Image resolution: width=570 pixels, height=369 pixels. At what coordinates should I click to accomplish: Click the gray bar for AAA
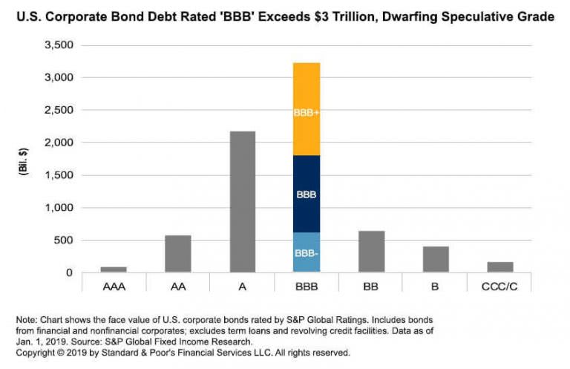point(114,270)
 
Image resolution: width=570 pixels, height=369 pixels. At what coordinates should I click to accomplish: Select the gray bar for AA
point(178,254)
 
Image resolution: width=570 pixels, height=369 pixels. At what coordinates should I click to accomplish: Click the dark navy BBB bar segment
point(307,194)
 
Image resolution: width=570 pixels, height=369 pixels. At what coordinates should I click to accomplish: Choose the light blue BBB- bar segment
point(307,252)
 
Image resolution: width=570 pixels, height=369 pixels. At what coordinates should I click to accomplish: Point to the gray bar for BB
point(371,252)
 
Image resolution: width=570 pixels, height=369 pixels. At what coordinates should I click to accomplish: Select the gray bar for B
point(436,259)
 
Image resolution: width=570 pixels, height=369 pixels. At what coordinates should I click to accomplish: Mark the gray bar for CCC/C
point(500,267)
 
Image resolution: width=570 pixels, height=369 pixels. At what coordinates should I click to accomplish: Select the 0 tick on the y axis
point(69,272)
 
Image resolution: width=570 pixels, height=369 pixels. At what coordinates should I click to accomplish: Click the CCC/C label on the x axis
point(500,285)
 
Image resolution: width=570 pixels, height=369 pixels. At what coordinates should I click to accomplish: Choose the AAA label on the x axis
point(114,285)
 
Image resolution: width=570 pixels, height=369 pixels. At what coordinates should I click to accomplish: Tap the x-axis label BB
point(371,285)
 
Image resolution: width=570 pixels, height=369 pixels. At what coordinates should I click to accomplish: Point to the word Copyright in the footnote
point(37,353)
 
